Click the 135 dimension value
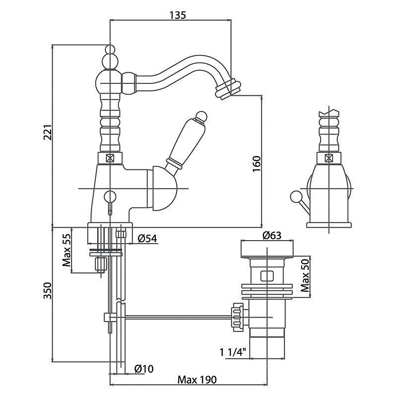[178, 15]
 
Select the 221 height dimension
[48, 132]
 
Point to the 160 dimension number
[257, 164]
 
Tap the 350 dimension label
[47, 290]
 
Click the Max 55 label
[66, 251]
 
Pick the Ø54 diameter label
[147, 238]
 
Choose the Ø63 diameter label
[272, 235]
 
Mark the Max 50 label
[305, 275]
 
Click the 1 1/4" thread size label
[233, 352]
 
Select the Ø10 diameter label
[144, 369]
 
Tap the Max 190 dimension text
[197, 380]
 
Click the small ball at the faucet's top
[110, 49]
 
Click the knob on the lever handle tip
[202, 117]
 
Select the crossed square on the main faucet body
[110, 158]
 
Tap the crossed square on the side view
[329, 158]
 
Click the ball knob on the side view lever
[295, 197]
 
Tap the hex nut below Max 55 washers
[101, 265]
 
